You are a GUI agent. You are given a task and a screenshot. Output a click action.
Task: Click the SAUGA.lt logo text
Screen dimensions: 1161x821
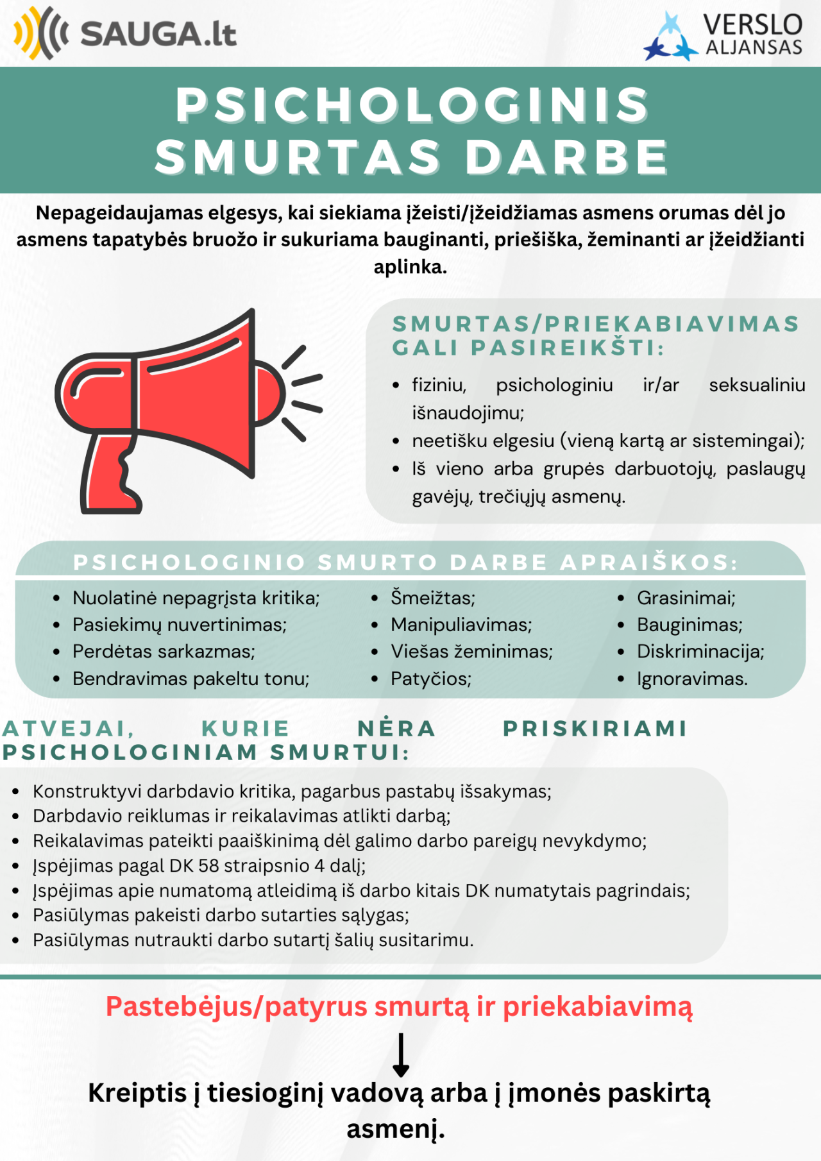(x=158, y=33)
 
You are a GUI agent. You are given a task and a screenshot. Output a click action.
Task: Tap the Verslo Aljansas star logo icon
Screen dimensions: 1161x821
(x=670, y=38)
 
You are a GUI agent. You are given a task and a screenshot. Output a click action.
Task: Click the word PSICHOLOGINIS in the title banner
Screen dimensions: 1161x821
(x=412, y=105)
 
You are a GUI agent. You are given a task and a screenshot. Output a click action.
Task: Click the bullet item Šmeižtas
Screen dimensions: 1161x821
(x=433, y=598)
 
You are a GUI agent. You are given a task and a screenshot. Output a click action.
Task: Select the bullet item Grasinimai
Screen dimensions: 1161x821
(x=686, y=598)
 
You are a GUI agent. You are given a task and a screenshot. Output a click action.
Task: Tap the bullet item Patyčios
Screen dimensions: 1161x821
(x=431, y=679)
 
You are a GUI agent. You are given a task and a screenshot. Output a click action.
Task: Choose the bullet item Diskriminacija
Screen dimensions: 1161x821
(x=700, y=652)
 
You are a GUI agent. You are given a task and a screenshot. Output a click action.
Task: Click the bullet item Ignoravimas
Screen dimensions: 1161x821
(x=692, y=679)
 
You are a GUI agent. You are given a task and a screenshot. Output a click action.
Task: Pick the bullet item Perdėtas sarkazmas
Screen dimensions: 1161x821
(x=164, y=652)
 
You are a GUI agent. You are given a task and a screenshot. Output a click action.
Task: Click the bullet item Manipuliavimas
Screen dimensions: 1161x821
(x=461, y=625)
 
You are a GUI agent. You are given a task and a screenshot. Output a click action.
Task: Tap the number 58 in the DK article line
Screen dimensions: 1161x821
(x=208, y=866)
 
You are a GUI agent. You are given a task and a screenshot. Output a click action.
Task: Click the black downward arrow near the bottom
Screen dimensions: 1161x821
(x=401, y=1055)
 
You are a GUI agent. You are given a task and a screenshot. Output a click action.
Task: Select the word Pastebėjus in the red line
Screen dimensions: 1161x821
(x=180, y=1006)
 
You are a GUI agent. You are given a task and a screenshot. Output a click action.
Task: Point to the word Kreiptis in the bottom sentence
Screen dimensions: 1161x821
(x=137, y=1093)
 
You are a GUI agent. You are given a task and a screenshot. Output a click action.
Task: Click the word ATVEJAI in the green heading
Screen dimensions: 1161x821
(x=68, y=729)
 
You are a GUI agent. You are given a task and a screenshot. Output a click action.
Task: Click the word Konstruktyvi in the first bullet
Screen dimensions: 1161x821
(x=78, y=792)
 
